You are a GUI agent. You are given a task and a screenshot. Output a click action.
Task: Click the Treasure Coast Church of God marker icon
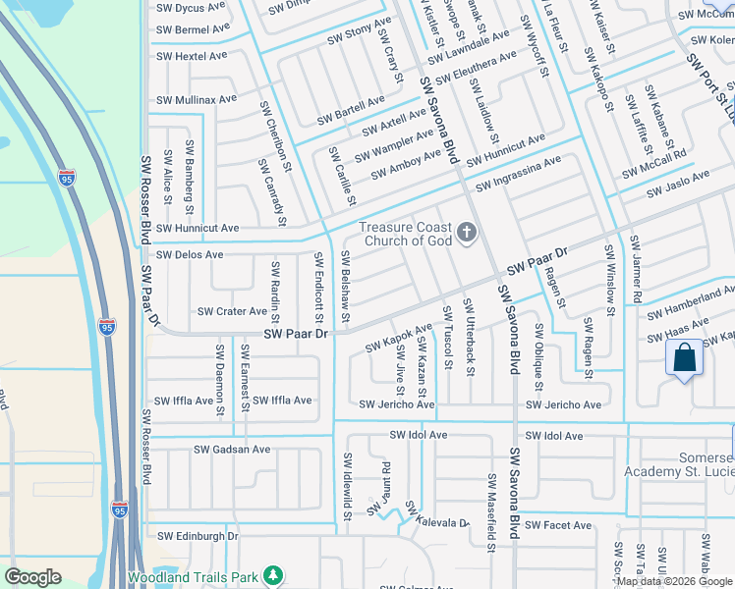click(467, 233)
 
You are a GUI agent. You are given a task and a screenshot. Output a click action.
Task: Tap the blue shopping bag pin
click(684, 357)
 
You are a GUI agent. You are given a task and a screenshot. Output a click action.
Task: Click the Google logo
click(33, 577)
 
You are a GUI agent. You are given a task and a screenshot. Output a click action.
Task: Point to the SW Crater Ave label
click(232, 311)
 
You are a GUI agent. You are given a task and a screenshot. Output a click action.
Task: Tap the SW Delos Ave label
click(190, 254)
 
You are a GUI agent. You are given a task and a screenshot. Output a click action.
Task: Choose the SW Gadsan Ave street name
click(231, 450)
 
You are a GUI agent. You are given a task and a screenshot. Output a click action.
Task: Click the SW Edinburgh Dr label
click(198, 536)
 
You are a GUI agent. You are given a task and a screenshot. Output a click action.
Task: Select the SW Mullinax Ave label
click(197, 99)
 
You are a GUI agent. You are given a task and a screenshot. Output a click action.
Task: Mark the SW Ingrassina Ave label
click(518, 173)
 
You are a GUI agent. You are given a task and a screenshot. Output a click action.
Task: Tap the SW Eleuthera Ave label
click(476, 68)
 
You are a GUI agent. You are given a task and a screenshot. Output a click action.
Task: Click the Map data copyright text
click(675, 581)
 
